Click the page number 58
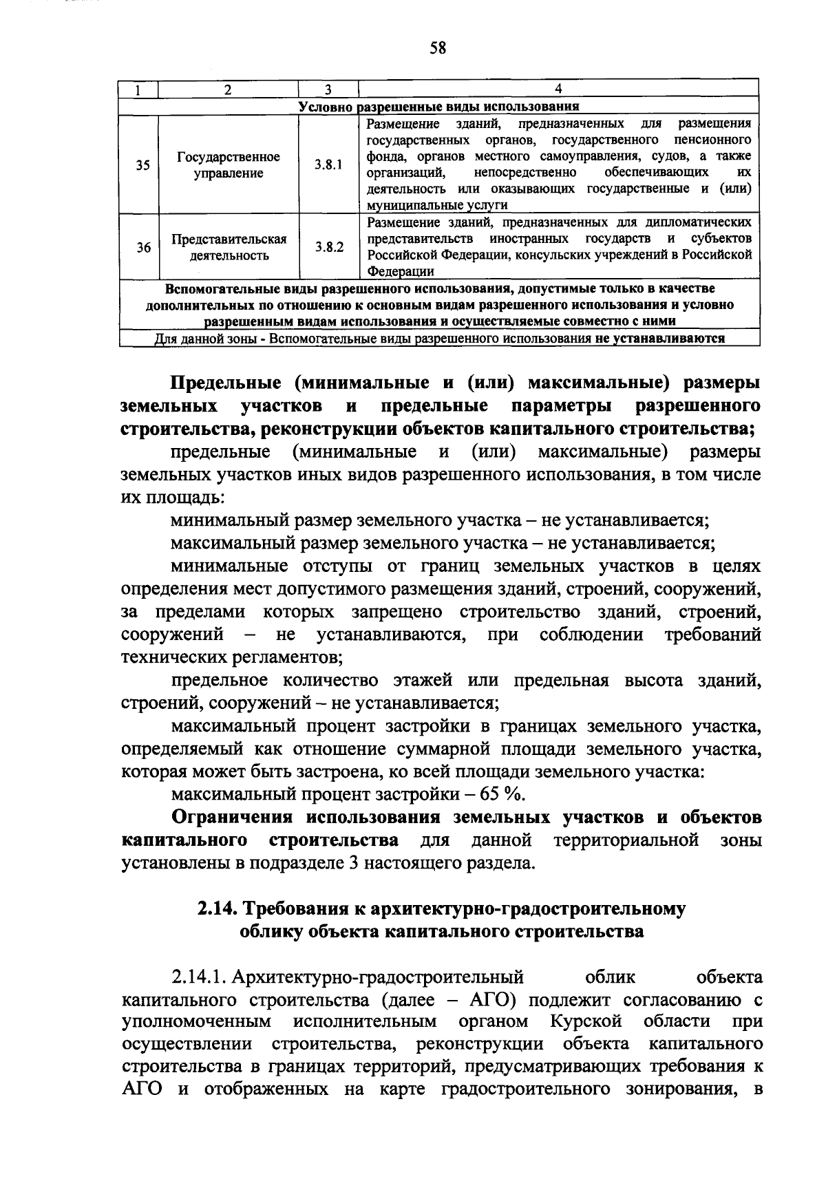438,47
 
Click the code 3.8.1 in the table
328,165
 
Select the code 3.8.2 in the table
328,247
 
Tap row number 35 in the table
142,165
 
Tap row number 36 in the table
142,247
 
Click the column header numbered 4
558,89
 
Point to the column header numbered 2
228,89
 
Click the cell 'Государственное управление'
228,165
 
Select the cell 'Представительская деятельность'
228,247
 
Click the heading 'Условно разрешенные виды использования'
438,106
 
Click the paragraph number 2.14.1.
200,978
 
